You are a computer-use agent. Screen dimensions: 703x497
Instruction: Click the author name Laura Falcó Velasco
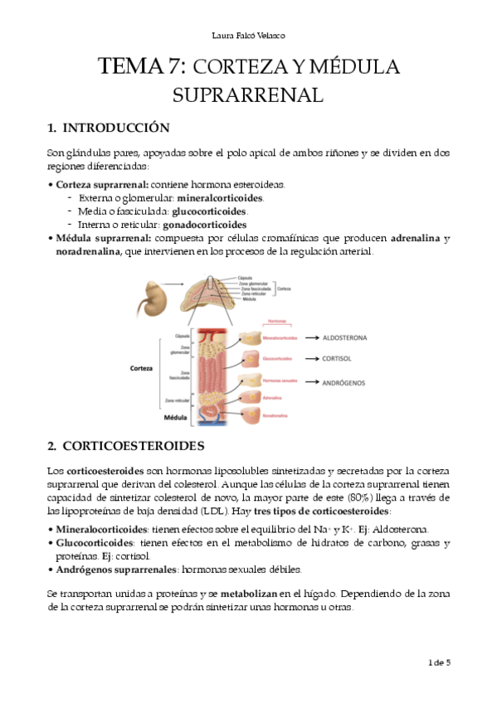point(248,35)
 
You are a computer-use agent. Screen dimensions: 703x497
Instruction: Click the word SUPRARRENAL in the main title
point(247,95)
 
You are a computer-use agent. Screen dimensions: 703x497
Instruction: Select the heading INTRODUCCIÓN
point(115,128)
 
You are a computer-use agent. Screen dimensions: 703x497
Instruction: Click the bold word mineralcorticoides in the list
point(220,198)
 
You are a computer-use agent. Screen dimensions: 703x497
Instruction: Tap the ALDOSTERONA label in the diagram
point(339,338)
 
